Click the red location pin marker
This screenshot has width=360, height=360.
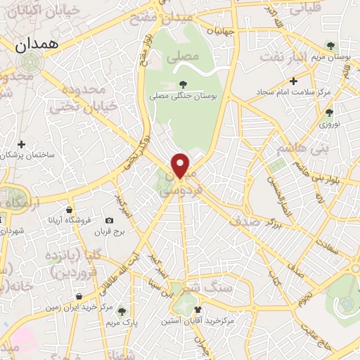tap(181, 165)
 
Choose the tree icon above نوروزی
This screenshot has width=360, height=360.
tap(329, 111)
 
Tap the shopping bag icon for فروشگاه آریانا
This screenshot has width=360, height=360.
tap(70, 209)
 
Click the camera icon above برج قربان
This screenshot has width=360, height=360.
tap(109, 220)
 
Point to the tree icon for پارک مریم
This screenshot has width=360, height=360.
tap(123, 310)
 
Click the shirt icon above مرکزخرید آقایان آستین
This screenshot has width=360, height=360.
tap(198, 309)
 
